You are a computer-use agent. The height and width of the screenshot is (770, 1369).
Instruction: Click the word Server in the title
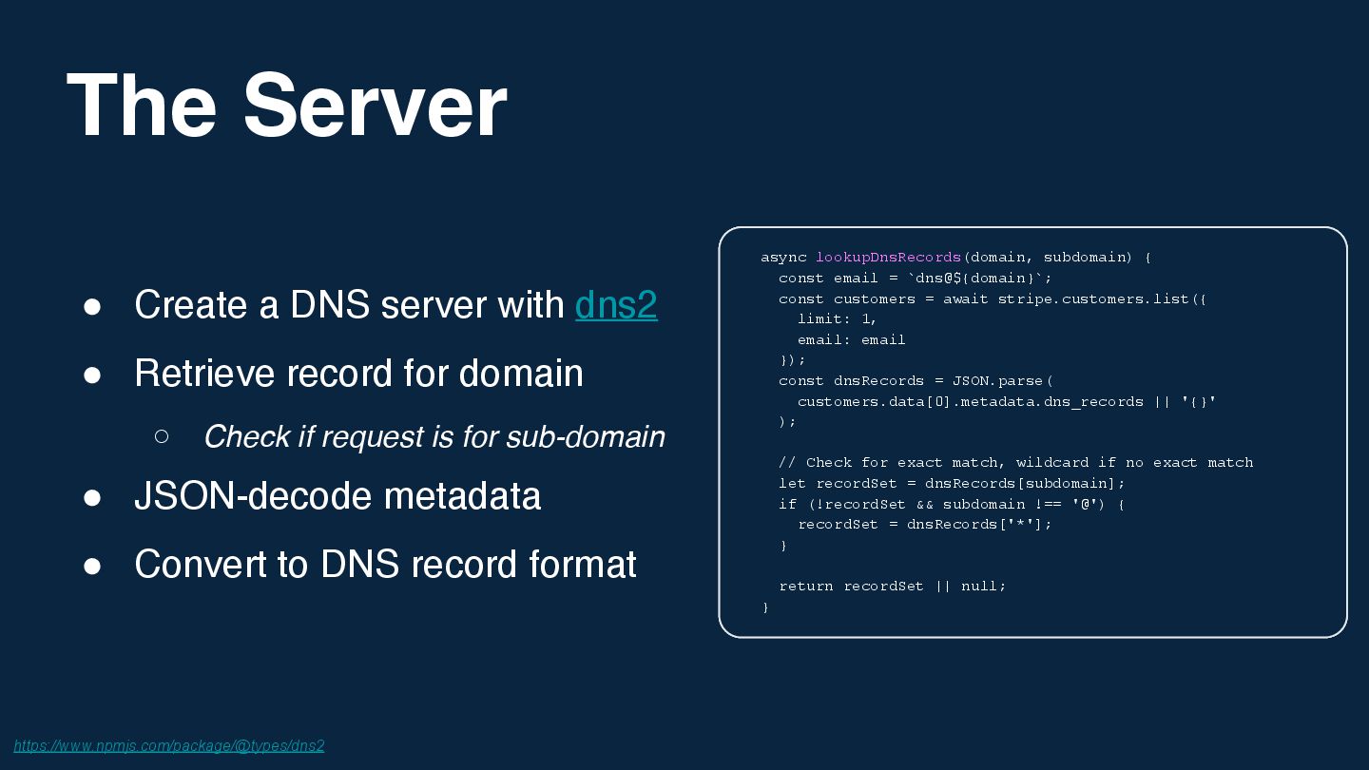[375, 106]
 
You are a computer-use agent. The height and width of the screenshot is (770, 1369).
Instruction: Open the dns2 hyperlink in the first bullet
[616, 305]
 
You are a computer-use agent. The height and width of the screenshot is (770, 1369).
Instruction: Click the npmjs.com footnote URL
[169, 745]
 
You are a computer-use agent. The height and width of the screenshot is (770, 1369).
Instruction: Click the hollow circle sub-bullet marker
[162, 436]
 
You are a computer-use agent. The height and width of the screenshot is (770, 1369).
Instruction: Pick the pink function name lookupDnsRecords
[888, 258]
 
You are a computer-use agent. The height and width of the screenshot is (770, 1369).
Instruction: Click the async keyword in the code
[783, 258]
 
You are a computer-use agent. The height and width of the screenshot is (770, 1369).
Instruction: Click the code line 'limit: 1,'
[837, 319]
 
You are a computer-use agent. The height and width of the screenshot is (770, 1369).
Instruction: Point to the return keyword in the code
[805, 587]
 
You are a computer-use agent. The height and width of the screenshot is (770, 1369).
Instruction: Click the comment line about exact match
[1015, 463]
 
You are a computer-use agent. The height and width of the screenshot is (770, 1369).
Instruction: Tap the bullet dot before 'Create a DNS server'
[92, 306]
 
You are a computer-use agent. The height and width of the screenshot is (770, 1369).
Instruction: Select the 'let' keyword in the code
[792, 484]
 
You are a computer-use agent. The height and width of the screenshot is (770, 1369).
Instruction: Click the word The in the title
[142, 106]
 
